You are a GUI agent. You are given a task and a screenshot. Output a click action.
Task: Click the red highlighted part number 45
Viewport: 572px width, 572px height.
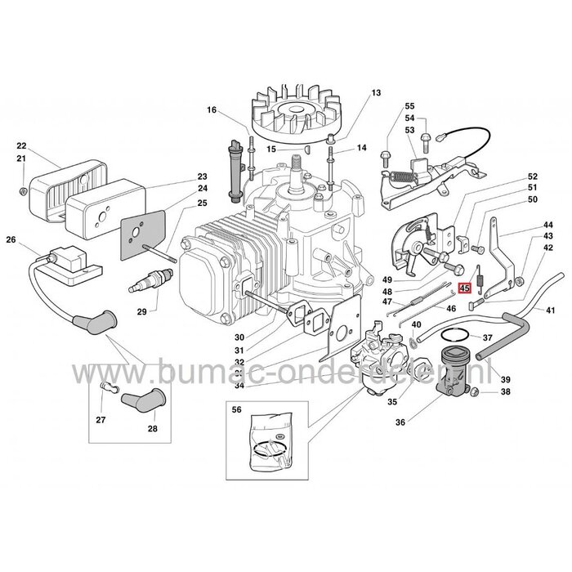(x=465, y=288)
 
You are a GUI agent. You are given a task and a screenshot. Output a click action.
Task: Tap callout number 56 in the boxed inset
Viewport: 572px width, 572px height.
(x=238, y=411)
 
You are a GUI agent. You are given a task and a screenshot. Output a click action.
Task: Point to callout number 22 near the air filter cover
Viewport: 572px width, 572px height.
(x=22, y=146)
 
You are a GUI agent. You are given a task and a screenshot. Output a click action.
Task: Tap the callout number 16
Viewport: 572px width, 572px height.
(x=212, y=110)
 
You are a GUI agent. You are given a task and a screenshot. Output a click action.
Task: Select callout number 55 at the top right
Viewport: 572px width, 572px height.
(x=409, y=107)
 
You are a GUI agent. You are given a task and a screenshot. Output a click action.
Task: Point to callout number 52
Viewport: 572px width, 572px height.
(x=532, y=177)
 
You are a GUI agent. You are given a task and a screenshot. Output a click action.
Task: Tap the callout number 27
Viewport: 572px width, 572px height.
(x=101, y=420)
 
